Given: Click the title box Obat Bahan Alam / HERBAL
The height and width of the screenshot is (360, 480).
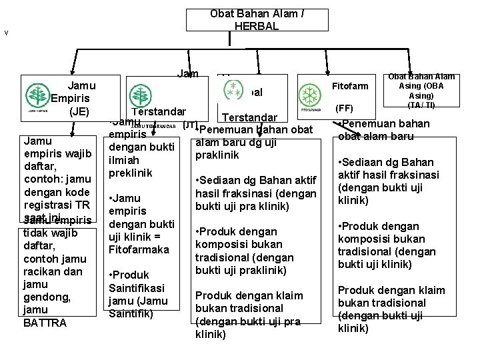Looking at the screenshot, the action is [x=257, y=20].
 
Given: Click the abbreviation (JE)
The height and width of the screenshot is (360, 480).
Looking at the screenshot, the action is [x=84, y=111].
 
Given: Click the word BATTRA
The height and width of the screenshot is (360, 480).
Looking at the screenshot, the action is [x=44, y=323].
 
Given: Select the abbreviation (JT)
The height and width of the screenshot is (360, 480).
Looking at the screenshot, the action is [x=189, y=125].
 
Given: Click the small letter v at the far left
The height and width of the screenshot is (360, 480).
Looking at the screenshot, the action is [x=6, y=32].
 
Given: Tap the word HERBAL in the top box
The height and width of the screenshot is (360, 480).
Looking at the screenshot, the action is [x=257, y=26].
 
